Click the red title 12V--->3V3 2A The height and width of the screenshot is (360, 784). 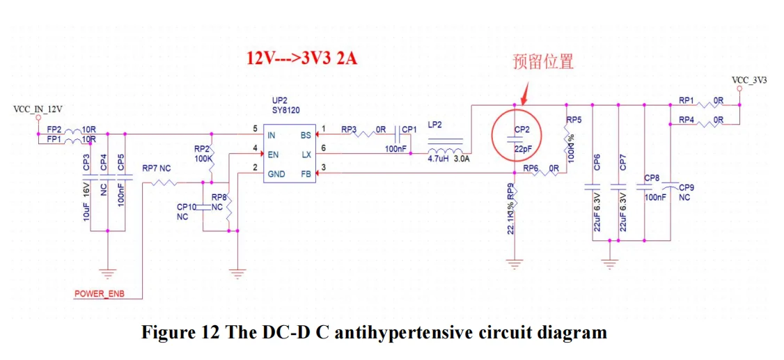point(301,58)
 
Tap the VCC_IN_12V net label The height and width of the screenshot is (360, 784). point(38,109)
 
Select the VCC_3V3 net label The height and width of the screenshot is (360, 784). point(749,80)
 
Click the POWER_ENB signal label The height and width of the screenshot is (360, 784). point(100,294)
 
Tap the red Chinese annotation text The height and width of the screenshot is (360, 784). point(543,61)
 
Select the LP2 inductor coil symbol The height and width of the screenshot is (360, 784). point(446,152)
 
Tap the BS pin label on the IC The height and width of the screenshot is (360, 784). point(306,135)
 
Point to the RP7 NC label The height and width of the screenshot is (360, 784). point(156,169)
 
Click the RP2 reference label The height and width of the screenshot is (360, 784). point(202,148)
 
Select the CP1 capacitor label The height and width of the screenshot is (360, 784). point(409,130)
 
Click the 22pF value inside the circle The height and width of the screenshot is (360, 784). point(523,148)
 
